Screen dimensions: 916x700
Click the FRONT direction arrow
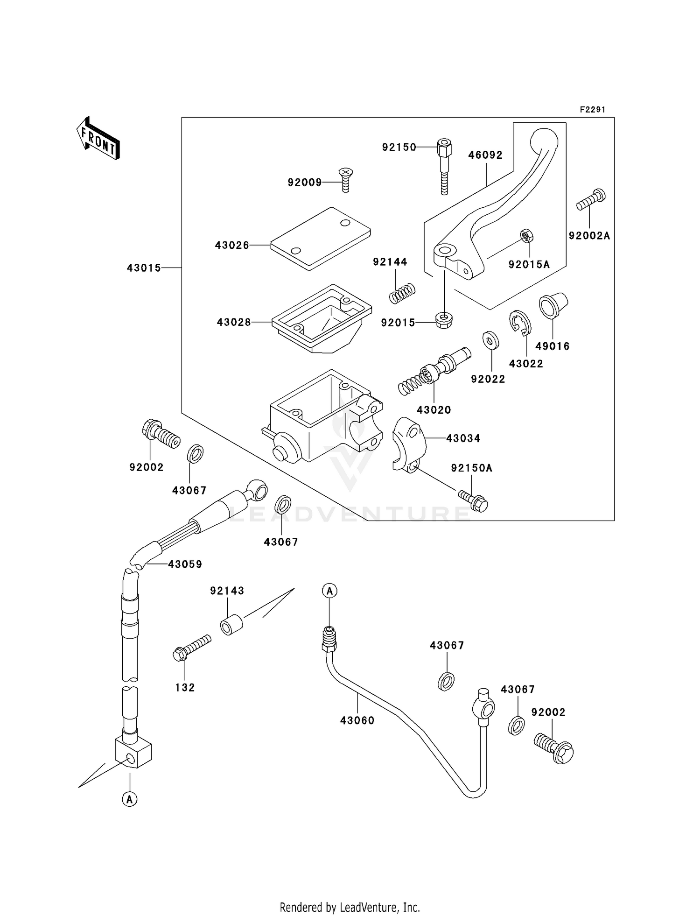pos(98,139)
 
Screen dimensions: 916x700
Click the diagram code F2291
pos(592,110)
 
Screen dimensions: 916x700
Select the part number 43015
pos(144,268)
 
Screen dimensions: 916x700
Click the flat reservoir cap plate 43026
pos(321,239)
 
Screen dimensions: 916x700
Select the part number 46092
pos(485,155)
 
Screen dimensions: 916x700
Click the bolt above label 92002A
pos(591,199)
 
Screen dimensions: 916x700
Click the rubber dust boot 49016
pos(553,306)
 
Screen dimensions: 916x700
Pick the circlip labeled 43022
pos(520,323)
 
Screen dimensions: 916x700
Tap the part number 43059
pos(185,564)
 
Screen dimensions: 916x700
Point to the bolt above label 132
pos(192,648)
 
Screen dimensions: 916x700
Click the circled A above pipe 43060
pos(329,591)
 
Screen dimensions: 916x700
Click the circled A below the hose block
pos(130,799)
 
